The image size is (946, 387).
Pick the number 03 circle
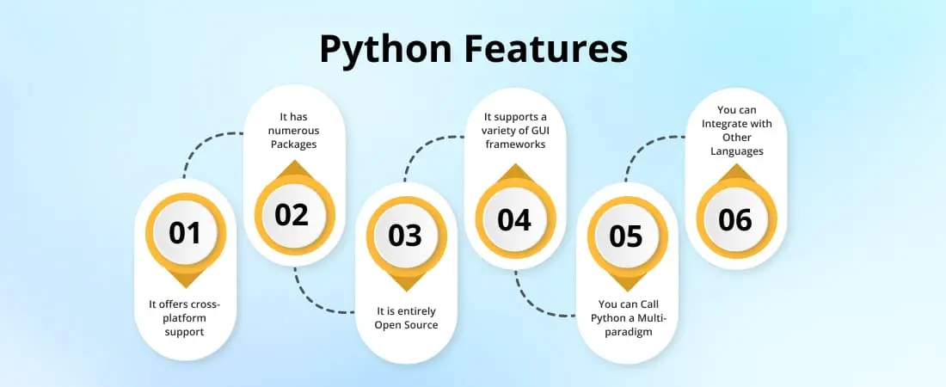pos(405,236)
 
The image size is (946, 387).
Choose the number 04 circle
pos(514,220)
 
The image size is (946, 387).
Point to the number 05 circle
pos(625,236)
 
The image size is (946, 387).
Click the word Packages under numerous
pos(294,144)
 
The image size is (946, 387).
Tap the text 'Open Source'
pos(405,325)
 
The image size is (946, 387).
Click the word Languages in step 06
pos(736,151)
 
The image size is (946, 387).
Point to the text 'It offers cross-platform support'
pos(185,317)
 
